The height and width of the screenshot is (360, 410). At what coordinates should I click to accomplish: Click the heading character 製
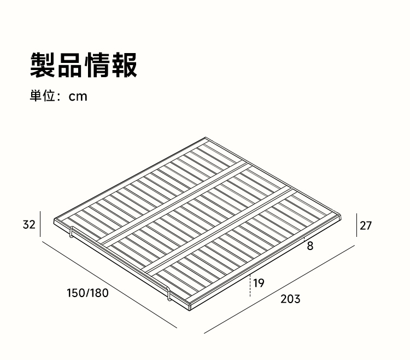43,65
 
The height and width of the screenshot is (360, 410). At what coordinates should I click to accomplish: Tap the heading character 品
70,65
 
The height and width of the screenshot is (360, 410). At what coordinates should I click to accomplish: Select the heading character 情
97,65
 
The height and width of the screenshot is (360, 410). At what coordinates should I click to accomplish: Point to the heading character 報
124,65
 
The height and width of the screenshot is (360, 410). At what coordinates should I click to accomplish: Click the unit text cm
78,96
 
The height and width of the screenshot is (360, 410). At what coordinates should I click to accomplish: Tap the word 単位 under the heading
42,96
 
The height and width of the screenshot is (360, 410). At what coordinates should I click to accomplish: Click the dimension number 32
29,225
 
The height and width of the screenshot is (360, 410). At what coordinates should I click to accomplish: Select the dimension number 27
366,226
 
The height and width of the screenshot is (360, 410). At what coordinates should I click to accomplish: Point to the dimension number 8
310,246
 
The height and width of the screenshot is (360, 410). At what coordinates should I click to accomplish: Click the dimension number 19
259,283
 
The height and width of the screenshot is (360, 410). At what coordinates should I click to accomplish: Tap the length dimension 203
290,299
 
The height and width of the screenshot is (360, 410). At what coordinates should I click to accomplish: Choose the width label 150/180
87,293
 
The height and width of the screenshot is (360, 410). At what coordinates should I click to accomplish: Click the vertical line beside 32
40,224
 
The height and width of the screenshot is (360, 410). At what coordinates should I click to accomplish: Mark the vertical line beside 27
356,225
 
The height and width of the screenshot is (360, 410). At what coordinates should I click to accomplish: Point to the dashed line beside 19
250,285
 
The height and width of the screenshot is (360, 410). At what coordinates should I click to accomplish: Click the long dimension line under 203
279,289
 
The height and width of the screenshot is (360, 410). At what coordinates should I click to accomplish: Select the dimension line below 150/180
109,284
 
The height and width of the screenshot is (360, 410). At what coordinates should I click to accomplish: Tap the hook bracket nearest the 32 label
71,232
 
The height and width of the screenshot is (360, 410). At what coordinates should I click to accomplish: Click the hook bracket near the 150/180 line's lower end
169,294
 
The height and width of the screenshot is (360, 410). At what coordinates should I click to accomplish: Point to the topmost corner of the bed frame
206,137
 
